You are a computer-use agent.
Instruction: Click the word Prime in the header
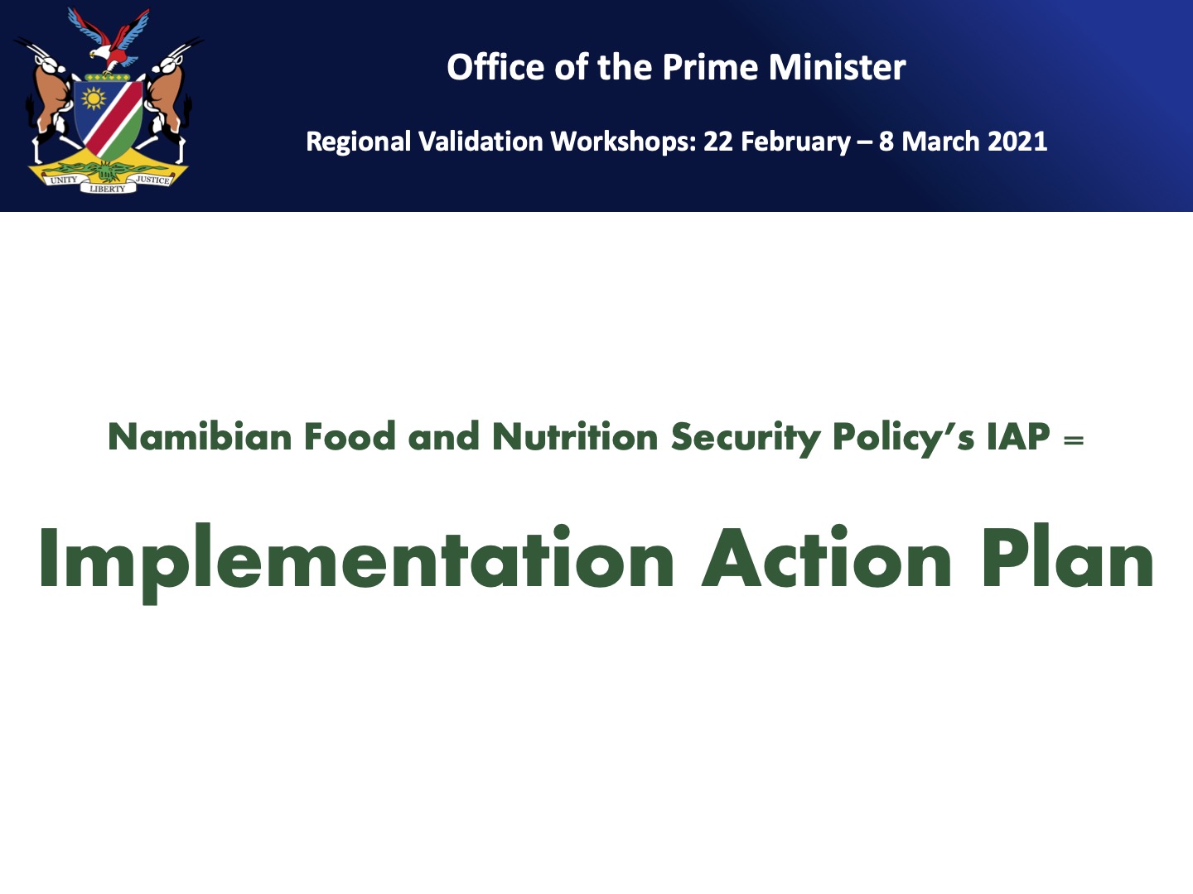pyautogui.click(x=710, y=67)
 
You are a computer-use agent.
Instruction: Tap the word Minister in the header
pyautogui.click(x=837, y=67)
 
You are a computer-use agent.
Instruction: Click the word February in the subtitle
pyautogui.click(x=795, y=142)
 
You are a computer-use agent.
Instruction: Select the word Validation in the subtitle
pyautogui.click(x=481, y=142)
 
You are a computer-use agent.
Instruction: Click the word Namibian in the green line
pyautogui.click(x=200, y=436)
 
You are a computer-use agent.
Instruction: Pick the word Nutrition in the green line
pyautogui.click(x=575, y=436)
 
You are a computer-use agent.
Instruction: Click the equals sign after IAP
pyautogui.click(x=1074, y=440)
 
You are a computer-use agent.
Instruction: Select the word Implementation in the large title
pyautogui.click(x=356, y=559)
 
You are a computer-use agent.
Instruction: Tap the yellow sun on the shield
pyautogui.click(x=94, y=99)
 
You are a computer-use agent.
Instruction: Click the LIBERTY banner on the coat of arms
pyautogui.click(x=108, y=189)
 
